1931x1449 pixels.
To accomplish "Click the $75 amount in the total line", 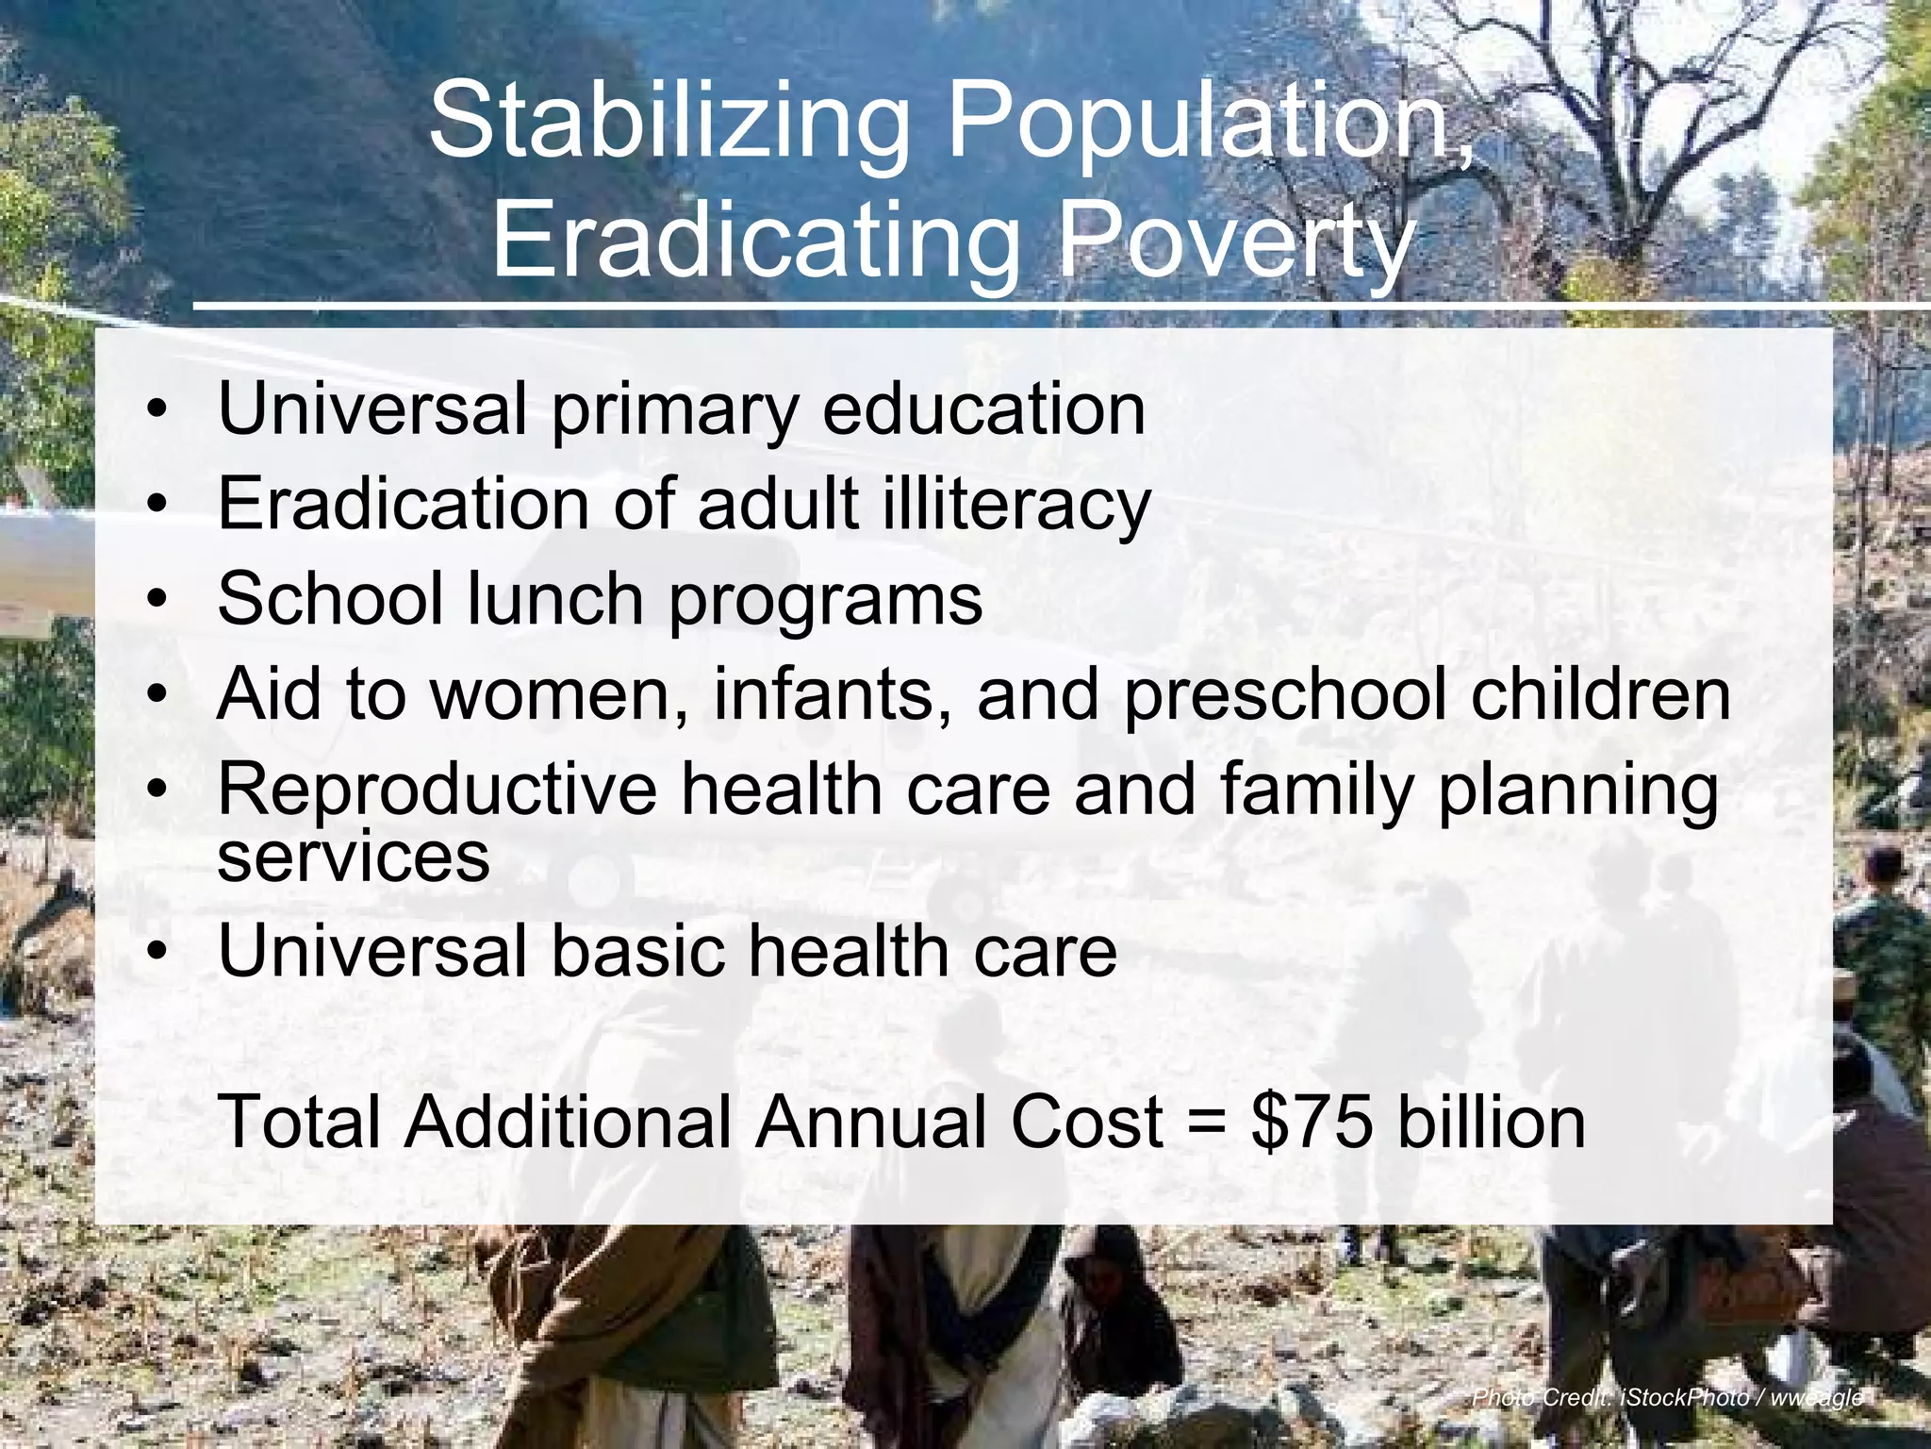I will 1312,1123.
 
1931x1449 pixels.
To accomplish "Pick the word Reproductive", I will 437,790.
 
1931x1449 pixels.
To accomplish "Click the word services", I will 354,858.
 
